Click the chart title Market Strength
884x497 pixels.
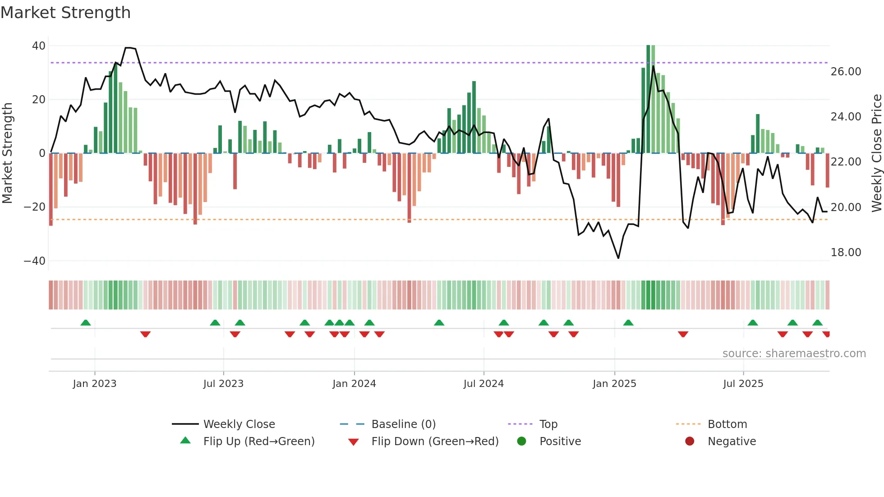point(65,13)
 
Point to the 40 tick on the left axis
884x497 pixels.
point(39,46)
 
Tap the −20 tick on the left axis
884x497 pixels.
point(34,207)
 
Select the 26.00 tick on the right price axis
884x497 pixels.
point(846,72)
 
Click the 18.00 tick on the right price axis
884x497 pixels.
point(846,253)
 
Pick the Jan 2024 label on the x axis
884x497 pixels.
point(354,384)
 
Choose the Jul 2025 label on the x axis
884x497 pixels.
point(743,384)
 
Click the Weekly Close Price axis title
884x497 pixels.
point(876,153)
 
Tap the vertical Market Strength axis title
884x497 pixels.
point(7,153)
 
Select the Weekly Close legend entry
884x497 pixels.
point(239,424)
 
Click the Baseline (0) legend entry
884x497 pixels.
point(403,424)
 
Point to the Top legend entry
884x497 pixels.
point(548,424)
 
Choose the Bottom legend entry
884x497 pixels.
point(727,424)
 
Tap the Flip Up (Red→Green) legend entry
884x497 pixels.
point(258,442)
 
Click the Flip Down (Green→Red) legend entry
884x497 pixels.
point(435,442)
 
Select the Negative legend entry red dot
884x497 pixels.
point(690,442)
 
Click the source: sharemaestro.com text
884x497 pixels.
point(794,354)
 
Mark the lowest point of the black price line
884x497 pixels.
point(618,258)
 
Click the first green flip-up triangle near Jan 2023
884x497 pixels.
point(86,322)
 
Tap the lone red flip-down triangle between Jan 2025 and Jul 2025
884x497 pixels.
point(683,334)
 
